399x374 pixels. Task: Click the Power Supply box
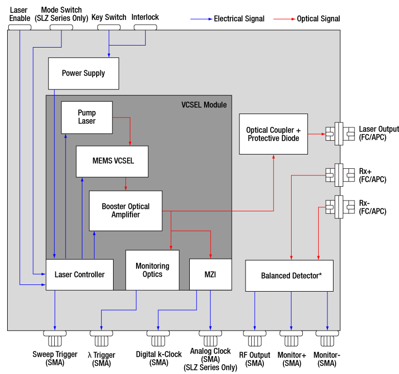pos(83,73)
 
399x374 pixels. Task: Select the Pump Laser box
pos(86,117)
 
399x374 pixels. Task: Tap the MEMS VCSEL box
pos(112,161)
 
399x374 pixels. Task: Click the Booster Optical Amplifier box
pos(125,210)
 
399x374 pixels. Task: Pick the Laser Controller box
pos(79,275)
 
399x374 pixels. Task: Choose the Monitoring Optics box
pos(152,270)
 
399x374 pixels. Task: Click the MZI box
pos(210,275)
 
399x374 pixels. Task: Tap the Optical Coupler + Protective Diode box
pos(274,134)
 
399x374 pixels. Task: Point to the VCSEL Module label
pos(204,105)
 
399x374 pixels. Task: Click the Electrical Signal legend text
pos(239,19)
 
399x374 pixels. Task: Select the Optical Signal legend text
pos(319,19)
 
